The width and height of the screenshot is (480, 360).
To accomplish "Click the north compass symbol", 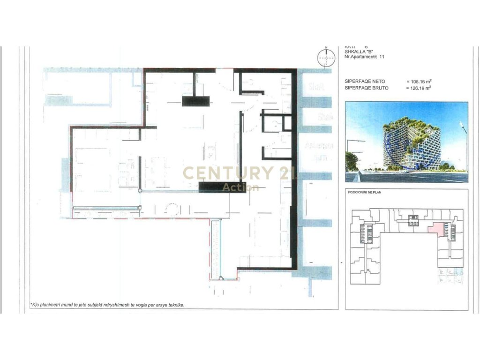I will pos(326,59).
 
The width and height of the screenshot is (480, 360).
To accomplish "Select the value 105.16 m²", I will pos(419,82).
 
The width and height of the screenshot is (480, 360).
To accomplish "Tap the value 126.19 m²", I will pos(419,88).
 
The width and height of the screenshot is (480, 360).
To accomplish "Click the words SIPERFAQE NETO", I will pos(361,82).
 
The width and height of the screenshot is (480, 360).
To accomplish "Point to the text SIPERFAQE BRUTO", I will pos(363,88).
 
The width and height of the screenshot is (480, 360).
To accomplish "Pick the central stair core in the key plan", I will pos(413,219).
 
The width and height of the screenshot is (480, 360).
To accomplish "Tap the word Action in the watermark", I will pos(240,187).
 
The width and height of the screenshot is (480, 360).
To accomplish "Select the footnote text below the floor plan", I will pos(108,305).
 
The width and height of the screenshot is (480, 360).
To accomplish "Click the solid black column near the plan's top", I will pos(196,101).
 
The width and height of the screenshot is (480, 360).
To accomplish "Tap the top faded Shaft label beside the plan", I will pos(314,87).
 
